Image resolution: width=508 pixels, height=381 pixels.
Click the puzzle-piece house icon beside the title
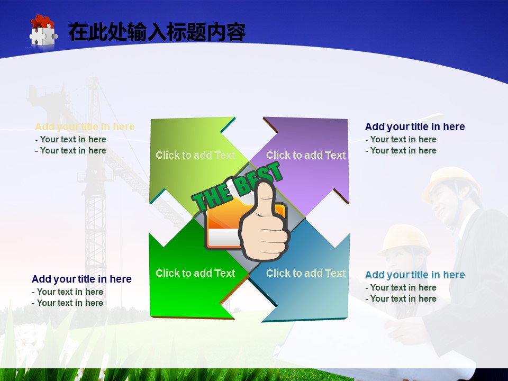click(x=43, y=31)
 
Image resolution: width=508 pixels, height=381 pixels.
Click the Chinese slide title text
click(x=157, y=32)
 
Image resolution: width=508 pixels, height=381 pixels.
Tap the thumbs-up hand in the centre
click(x=264, y=222)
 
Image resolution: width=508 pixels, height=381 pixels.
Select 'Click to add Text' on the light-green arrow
click(x=195, y=155)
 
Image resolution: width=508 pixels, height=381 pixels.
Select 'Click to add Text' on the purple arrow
click(x=306, y=155)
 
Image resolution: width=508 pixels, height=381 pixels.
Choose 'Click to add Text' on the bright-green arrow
click(x=195, y=273)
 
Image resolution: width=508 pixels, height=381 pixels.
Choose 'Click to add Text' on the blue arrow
click(x=306, y=273)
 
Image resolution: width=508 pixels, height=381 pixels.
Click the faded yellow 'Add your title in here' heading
click(x=85, y=126)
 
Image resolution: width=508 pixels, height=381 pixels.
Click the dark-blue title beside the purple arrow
click(x=415, y=126)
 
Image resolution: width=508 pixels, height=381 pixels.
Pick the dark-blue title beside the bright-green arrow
click(x=81, y=279)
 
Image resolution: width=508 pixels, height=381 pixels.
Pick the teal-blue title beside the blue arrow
click(x=415, y=275)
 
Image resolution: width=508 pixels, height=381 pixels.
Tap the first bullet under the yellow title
click(x=70, y=139)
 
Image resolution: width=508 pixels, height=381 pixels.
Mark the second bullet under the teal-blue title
click(x=401, y=298)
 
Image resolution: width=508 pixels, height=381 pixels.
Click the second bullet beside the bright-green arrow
click(x=67, y=303)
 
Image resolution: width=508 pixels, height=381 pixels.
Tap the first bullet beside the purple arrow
click(x=401, y=139)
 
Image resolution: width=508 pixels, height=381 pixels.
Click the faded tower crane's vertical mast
click(x=95, y=194)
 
